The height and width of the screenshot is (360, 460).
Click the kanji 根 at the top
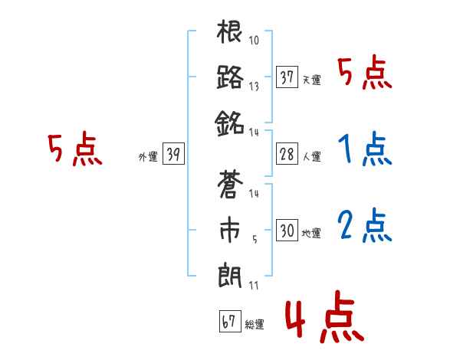[230, 34]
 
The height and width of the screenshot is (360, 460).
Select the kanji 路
[230, 77]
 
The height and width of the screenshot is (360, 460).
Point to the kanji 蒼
[230, 186]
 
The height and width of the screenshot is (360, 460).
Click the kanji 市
[230, 231]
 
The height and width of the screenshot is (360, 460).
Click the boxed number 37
[287, 77]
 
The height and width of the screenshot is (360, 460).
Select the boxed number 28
[287, 154]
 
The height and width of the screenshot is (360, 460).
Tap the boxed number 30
[287, 231]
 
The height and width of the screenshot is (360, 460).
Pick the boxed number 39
[173, 155]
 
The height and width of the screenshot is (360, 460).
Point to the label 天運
[312, 80]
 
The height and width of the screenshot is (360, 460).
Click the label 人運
[312, 156]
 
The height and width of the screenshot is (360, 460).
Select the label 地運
[312, 233]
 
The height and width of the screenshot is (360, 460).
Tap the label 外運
[147, 157]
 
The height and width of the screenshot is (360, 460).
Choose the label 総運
[255, 325]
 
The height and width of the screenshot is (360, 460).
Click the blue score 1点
[364, 150]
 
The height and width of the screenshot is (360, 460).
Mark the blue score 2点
[364, 225]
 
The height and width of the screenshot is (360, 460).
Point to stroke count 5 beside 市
[253, 238]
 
